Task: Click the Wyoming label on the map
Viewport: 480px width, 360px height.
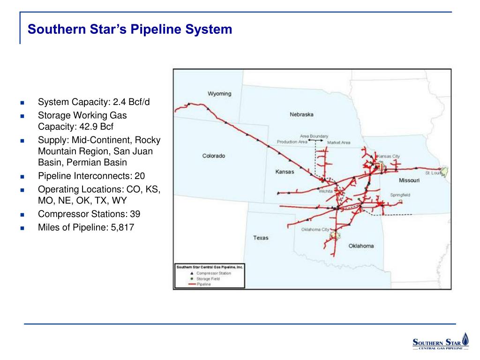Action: [x=219, y=94]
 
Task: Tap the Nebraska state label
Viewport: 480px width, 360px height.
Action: [x=301, y=114]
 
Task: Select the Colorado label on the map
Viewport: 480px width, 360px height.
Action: [x=213, y=156]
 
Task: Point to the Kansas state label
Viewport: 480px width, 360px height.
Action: [x=285, y=172]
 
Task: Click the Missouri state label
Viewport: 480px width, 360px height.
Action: [x=409, y=180]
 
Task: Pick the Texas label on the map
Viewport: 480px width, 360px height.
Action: [x=261, y=238]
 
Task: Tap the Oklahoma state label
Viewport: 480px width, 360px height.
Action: [x=361, y=246]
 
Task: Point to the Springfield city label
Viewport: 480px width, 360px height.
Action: [x=400, y=195]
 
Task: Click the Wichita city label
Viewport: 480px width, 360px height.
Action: [x=325, y=191]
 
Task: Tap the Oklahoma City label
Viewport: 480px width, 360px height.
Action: [x=315, y=230]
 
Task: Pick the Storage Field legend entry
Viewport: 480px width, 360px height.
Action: [x=208, y=278]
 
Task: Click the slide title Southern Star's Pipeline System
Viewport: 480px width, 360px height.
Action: [x=130, y=30]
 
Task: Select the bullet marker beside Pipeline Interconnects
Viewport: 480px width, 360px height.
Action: [x=22, y=177]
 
